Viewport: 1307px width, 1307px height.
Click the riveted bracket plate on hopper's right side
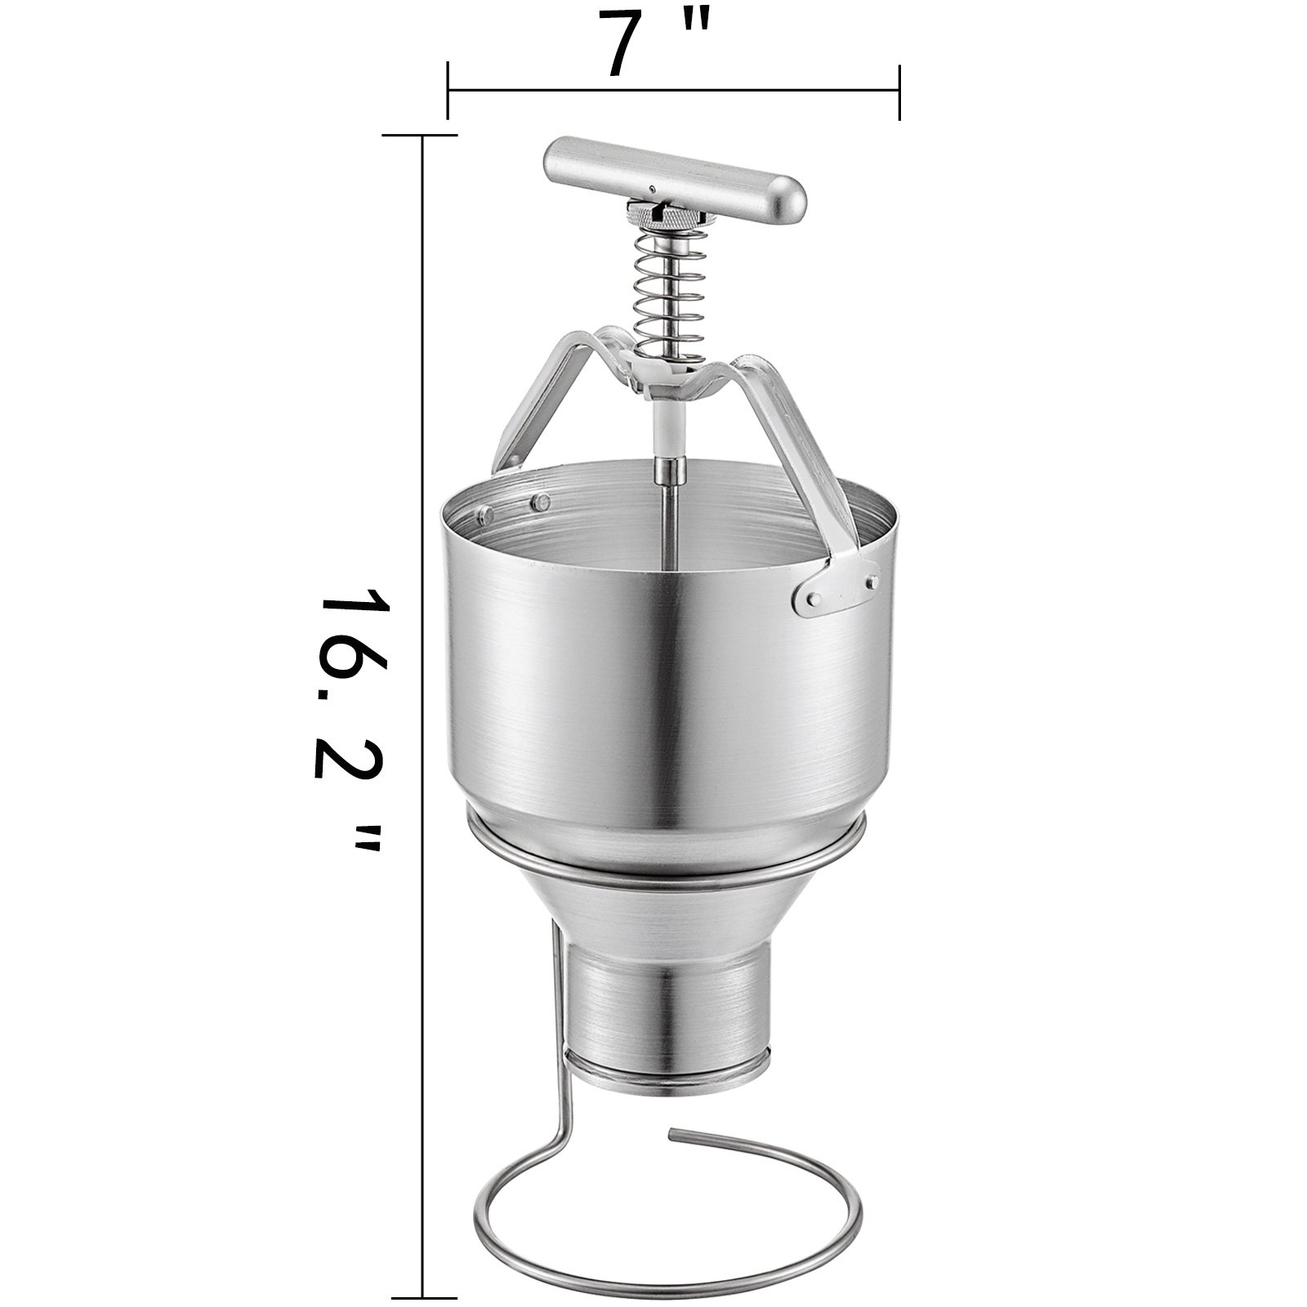click(833, 587)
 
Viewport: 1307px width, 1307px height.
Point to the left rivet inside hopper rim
click(486, 514)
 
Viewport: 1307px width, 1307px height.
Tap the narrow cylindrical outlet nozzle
click(670, 1021)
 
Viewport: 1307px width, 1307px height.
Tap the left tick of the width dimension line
click(448, 90)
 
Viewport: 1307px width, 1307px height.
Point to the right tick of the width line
click(899, 90)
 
